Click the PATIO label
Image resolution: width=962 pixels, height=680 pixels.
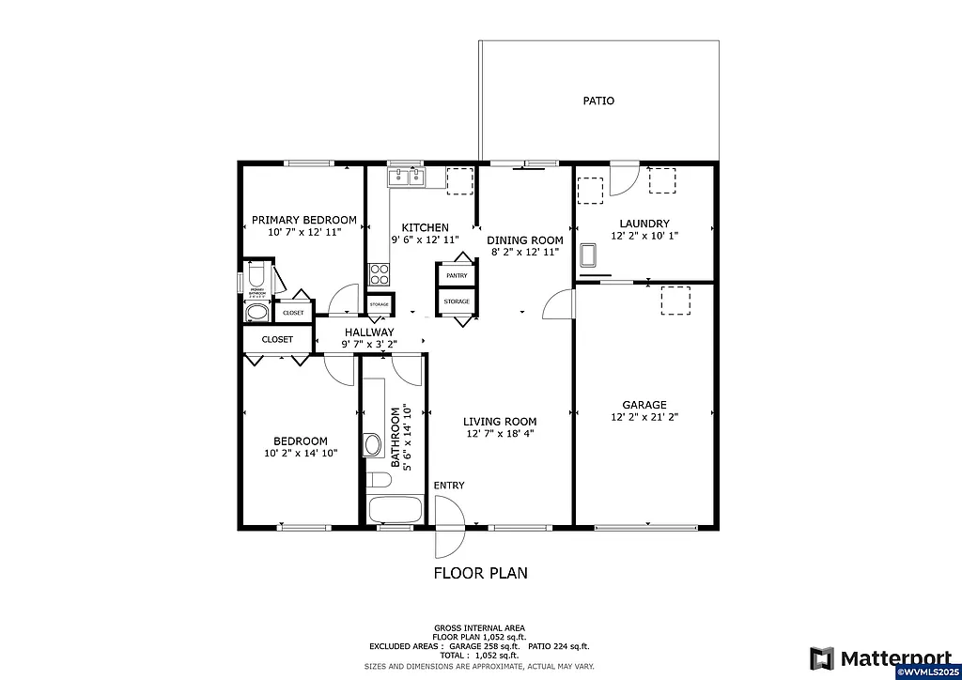pyautogui.click(x=598, y=100)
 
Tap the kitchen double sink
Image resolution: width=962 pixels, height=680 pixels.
pyautogui.click(x=407, y=176)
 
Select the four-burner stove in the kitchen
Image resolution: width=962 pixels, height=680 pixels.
pyautogui.click(x=380, y=273)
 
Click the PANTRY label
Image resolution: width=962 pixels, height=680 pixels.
pyautogui.click(x=457, y=275)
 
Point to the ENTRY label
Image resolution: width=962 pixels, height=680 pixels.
pyautogui.click(x=448, y=485)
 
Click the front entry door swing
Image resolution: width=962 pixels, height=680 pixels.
pyautogui.click(x=449, y=526)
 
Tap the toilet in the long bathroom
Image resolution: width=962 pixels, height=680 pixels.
pyautogui.click(x=379, y=480)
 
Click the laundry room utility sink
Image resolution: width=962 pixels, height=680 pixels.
pyautogui.click(x=589, y=255)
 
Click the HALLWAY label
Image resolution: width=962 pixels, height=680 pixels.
pyautogui.click(x=368, y=332)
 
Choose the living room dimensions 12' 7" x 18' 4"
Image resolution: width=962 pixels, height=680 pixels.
pyautogui.click(x=500, y=434)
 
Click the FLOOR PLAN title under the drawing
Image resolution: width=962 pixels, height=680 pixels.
pyautogui.click(x=480, y=572)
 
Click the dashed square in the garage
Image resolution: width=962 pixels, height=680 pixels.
pyautogui.click(x=675, y=301)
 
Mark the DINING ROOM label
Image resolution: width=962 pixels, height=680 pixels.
pyautogui.click(x=524, y=240)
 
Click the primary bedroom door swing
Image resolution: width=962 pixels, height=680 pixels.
pyautogui.click(x=344, y=299)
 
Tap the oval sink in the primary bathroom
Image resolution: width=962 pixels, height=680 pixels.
pyautogui.click(x=256, y=313)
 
